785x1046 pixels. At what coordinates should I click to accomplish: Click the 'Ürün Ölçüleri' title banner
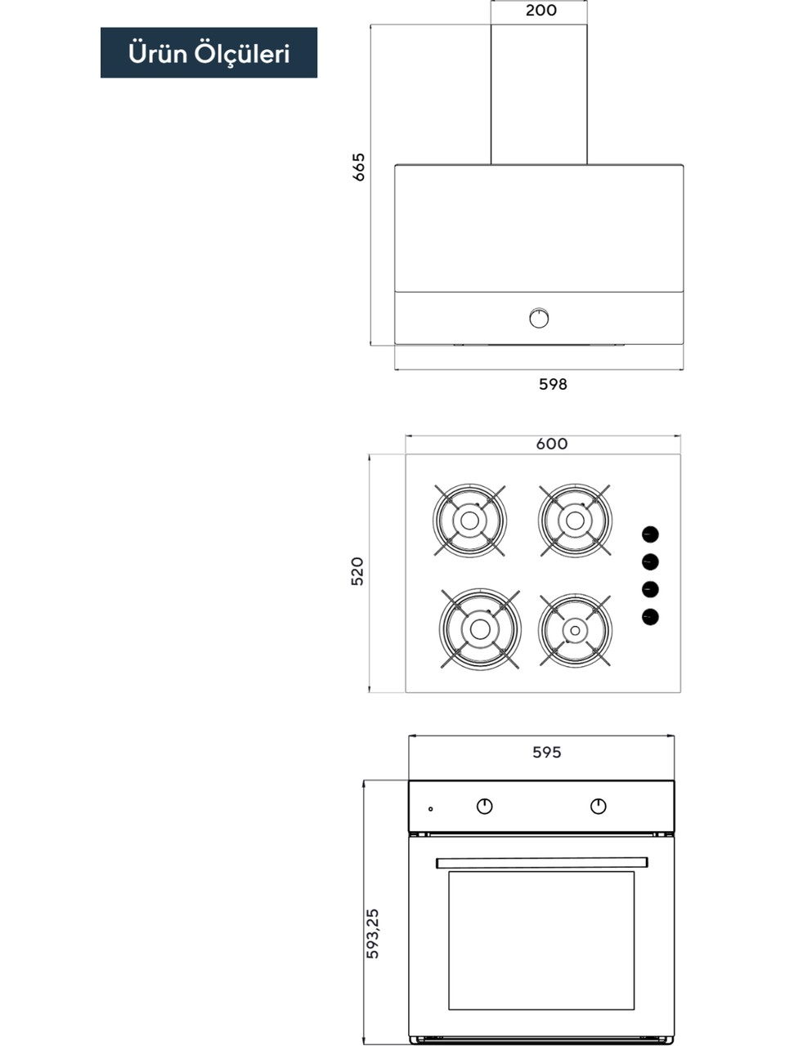pos(209,52)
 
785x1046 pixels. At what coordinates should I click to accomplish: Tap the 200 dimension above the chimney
pos(541,10)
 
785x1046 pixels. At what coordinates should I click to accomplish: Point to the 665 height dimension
pos(358,167)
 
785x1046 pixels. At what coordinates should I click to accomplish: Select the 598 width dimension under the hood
pos(553,384)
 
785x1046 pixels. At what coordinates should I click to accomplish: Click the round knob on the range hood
pos(539,318)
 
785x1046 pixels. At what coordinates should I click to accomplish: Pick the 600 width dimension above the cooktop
pos(552,444)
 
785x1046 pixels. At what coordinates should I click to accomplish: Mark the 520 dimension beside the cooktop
pos(357,571)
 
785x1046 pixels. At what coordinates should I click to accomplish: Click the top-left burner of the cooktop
pos(469,521)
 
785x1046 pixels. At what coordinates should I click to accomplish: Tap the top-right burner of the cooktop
pos(575,521)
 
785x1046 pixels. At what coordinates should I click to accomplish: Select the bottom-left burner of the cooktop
pos(480,629)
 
